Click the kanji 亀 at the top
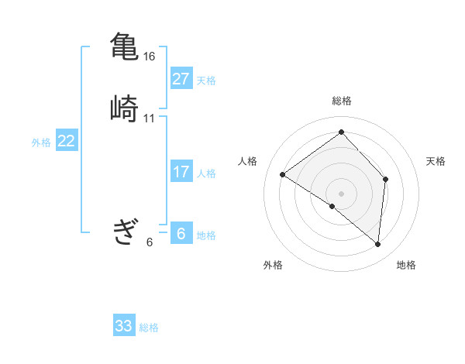point(124,46)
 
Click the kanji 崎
point(124,108)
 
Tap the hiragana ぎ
point(124,232)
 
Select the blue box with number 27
point(181,79)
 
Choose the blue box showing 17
point(181,172)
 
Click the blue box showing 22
point(67,141)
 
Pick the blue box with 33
point(124,326)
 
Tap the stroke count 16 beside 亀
point(150,57)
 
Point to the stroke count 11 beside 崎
point(150,118)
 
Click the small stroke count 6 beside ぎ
point(150,242)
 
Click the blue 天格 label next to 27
point(206,81)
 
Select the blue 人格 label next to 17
point(206,173)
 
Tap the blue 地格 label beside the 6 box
point(206,235)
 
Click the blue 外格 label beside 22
point(41,143)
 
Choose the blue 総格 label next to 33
point(149,328)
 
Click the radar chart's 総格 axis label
point(342,101)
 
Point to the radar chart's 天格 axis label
point(436,161)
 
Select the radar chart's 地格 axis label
point(406,265)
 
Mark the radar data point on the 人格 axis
point(283,174)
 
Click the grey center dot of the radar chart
point(342,193)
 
